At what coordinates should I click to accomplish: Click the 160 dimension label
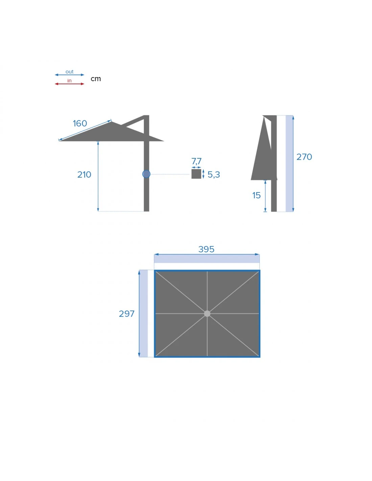(x=80, y=123)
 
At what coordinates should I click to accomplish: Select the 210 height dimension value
(x=84, y=175)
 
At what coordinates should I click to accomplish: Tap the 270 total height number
(x=304, y=157)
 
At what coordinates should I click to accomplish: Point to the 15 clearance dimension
(x=256, y=196)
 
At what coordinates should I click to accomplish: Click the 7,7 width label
(x=196, y=161)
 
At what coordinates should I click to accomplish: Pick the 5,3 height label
(x=214, y=175)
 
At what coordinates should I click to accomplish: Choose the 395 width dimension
(x=206, y=249)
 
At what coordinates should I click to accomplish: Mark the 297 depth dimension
(x=126, y=314)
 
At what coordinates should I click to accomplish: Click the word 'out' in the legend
(x=69, y=72)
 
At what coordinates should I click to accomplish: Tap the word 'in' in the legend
(x=69, y=81)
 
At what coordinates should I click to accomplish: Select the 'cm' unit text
(x=96, y=79)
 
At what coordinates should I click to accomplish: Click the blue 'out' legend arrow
(x=69, y=75)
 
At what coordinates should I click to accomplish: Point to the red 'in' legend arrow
(x=69, y=84)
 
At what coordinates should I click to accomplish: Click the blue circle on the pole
(x=146, y=174)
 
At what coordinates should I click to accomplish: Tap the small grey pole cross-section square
(x=196, y=174)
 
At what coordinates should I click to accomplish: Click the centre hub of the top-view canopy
(x=207, y=314)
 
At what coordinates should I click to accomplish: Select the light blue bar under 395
(x=207, y=259)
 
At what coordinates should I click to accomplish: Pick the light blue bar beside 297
(x=143, y=314)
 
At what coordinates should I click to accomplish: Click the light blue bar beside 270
(x=289, y=164)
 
